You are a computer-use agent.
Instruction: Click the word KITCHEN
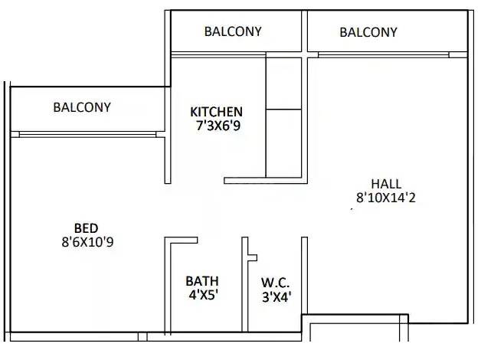point(217,112)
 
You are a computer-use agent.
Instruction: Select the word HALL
point(386,184)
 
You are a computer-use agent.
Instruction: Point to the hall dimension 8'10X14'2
point(386,198)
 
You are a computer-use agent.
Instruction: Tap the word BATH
point(202,281)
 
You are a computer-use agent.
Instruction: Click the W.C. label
point(276,282)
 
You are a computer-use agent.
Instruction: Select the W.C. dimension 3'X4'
point(276,296)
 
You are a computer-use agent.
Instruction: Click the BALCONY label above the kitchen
point(233,31)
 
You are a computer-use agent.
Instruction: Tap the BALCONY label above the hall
point(368,32)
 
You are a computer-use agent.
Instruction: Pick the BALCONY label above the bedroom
point(82,107)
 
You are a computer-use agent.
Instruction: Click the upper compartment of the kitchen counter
point(284,83)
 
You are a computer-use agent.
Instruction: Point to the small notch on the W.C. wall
point(252,257)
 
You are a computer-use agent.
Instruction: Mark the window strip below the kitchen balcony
point(218,54)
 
